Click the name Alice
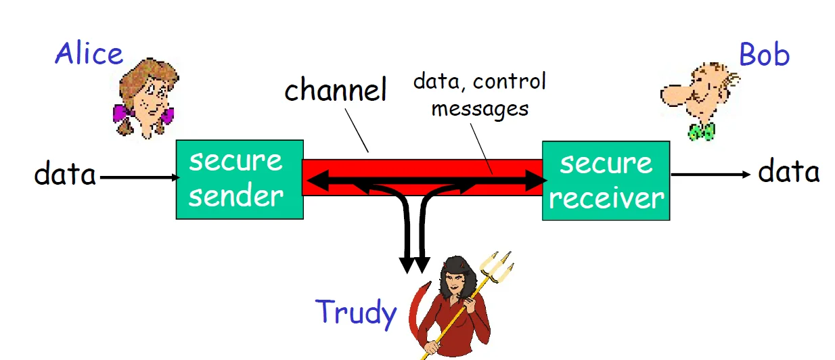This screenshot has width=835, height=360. pyautogui.click(x=89, y=53)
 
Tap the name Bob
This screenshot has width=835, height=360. pyautogui.click(x=764, y=55)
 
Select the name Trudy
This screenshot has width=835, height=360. pyautogui.click(x=356, y=312)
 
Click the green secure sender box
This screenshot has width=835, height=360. pyautogui.click(x=240, y=179)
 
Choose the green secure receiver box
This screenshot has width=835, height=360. pyautogui.click(x=606, y=181)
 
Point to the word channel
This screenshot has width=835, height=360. pyautogui.click(x=335, y=90)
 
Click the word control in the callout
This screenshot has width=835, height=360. pyautogui.click(x=510, y=82)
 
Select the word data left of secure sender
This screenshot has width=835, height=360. pyautogui.click(x=65, y=175)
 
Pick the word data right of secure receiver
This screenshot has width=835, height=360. pyautogui.click(x=788, y=172)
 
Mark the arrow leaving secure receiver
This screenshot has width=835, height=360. pyautogui.click(x=710, y=175)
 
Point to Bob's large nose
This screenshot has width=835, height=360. pyautogui.click(x=673, y=92)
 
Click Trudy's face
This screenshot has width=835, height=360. pyautogui.click(x=453, y=278)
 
